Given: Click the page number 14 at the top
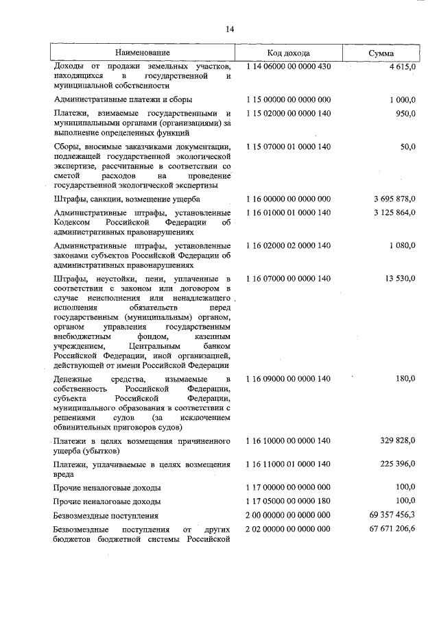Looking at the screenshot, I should click(229, 29).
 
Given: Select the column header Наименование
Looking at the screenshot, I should click(142, 53).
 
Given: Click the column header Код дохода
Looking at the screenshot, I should click(288, 53).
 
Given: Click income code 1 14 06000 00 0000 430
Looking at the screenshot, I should click(288, 66).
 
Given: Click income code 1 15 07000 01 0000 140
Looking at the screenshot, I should click(288, 147).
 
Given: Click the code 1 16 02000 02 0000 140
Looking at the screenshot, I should click(288, 245).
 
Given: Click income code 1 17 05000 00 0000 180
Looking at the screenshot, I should click(288, 501).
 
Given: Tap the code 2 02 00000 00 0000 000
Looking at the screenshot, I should click(288, 530).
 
